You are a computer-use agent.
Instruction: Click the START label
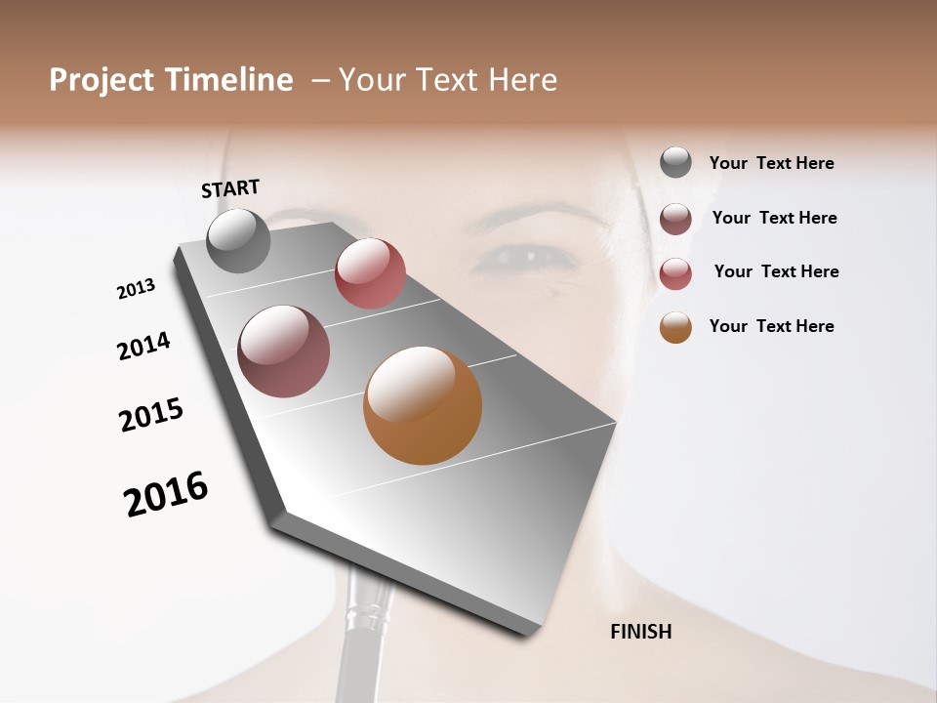tap(230, 188)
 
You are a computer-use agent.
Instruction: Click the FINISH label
tap(640, 632)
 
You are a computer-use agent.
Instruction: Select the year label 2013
tap(136, 289)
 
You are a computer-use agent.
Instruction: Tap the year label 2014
tap(143, 346)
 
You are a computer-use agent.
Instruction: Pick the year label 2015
tap(151, 415)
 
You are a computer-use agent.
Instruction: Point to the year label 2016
tap(166, 494)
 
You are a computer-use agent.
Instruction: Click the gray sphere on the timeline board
tap(238, 240)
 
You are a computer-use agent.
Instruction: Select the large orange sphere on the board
tap(423, 405)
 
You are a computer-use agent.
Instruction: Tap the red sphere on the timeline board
tap(370, 273)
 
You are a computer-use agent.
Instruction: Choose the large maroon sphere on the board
tap(284, 351)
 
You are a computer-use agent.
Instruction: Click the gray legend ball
tap(675, 163)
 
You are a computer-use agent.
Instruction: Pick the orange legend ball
tap(675, 327)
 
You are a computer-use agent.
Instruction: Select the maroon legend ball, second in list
tap(675, 219)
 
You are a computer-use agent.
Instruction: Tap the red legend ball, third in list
tap(675, 273)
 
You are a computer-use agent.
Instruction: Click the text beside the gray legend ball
tap(771, 163)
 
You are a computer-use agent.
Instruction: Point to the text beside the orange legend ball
tap(771, 326)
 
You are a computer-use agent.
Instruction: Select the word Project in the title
tap(102, 80)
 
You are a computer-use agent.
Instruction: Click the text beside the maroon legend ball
tap(774, 218)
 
